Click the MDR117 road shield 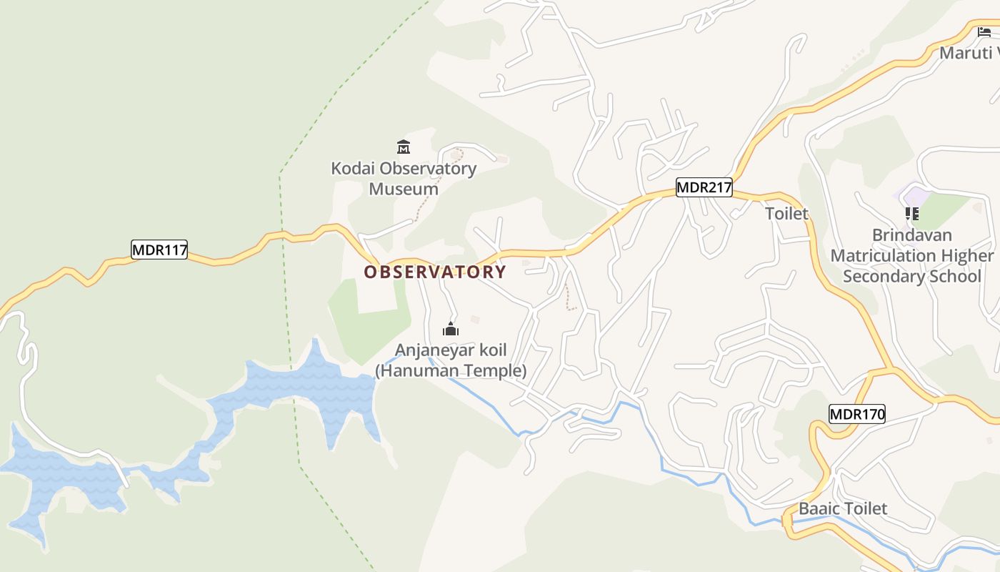(159, 250)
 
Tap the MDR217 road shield (704, 188)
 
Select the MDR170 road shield (857, 413)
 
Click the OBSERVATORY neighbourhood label (435, 272)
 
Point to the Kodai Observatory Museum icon (404, 147)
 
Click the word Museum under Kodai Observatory (404, 189)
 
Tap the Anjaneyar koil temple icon (451, 329)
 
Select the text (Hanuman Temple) (451, 371)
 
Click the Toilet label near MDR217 (786, 214)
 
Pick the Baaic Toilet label (843, 509)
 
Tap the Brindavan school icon (911, 213)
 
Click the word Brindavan (912, 235)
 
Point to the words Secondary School (912, 277)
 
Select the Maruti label (966, 53)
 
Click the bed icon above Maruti (984, 32)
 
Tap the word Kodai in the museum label (353, 169)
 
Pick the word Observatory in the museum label (428, 169)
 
